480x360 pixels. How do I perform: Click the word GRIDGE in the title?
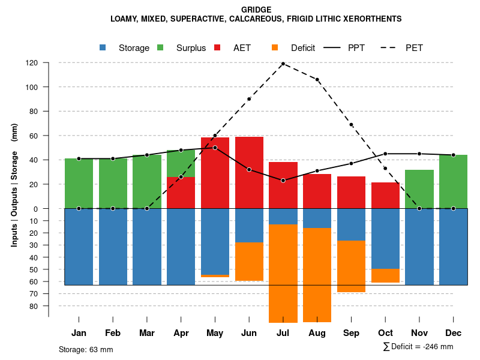point(256,10)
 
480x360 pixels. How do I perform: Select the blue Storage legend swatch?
point(103,47)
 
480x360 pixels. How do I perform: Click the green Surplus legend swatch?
point(160,47)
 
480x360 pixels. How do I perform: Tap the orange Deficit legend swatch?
point(275,47)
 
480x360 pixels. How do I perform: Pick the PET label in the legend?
point(414,48)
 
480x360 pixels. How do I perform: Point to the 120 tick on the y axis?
point(32,62)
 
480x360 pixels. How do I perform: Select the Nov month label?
point(419,333)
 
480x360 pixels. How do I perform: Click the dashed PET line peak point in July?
point(283,64)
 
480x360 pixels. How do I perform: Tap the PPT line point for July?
point(283,181)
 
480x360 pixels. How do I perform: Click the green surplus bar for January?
point(79,183)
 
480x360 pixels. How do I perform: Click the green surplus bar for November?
point(419,189)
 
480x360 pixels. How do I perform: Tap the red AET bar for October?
point(385,195)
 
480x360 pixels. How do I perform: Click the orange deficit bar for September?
point(351,266)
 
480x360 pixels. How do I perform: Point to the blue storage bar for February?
point(113,247)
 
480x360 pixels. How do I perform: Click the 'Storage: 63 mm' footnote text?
point(86,349)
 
